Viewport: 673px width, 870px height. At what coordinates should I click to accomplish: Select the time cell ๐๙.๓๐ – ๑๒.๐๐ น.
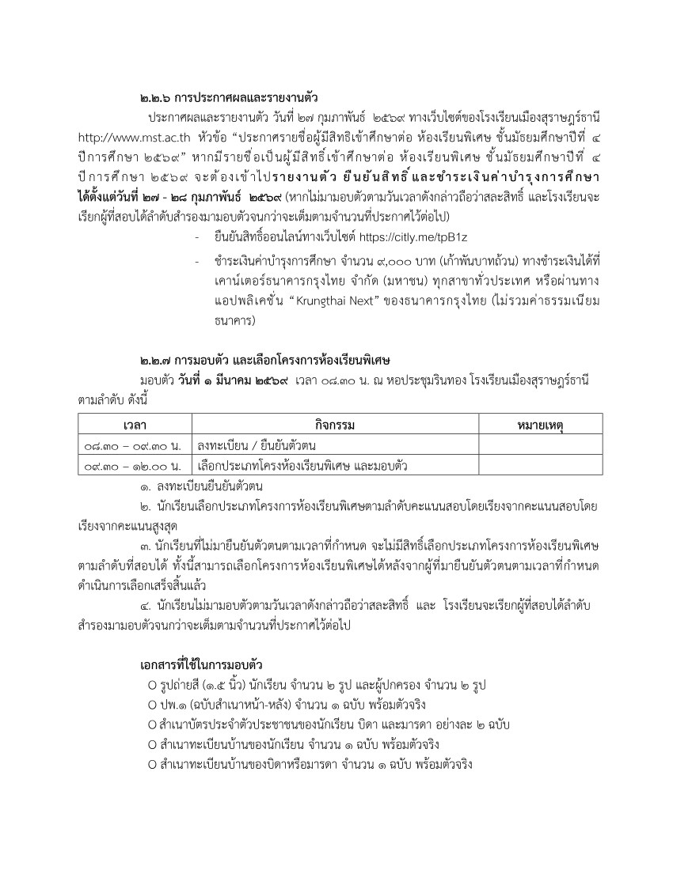coord(132,467)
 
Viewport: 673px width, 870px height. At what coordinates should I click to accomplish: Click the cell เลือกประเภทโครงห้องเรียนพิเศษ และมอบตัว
coord(302,467)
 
